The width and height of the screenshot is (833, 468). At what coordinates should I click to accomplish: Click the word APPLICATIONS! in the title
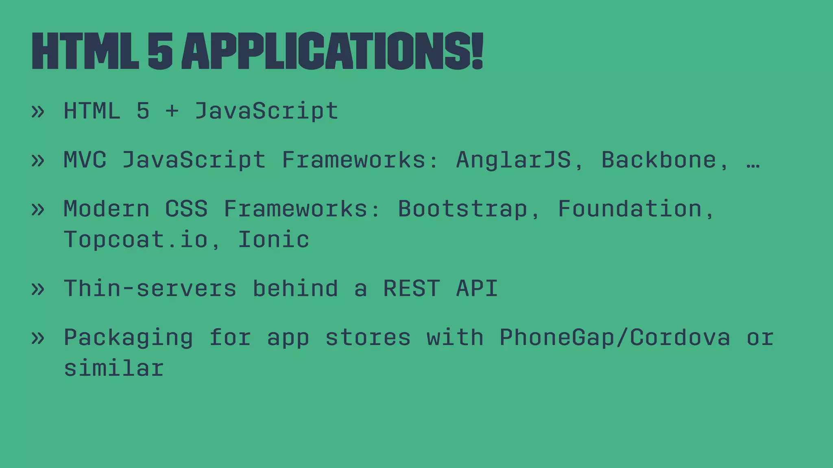pos(332,52)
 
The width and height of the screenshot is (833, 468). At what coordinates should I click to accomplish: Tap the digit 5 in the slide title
pos(160,52)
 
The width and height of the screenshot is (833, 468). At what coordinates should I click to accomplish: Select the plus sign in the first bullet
pos(172,111)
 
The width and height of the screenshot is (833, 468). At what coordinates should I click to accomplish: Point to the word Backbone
pos(659,160)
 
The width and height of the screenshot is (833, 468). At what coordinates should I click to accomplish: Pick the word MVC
pos(85,160)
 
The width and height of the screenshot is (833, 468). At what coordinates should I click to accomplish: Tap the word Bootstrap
pos(462,209)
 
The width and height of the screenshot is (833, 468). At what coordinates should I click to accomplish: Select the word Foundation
pos(630,209)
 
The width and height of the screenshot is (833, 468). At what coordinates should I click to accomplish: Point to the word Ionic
pos(273,240)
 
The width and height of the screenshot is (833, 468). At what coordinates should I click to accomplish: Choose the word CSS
pos(186,209)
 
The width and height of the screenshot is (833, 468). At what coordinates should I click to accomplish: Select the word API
pos(477,288)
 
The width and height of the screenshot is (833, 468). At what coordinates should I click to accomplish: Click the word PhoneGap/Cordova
pos(615,338)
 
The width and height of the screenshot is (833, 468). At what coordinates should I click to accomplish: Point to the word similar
pos(114,368)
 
